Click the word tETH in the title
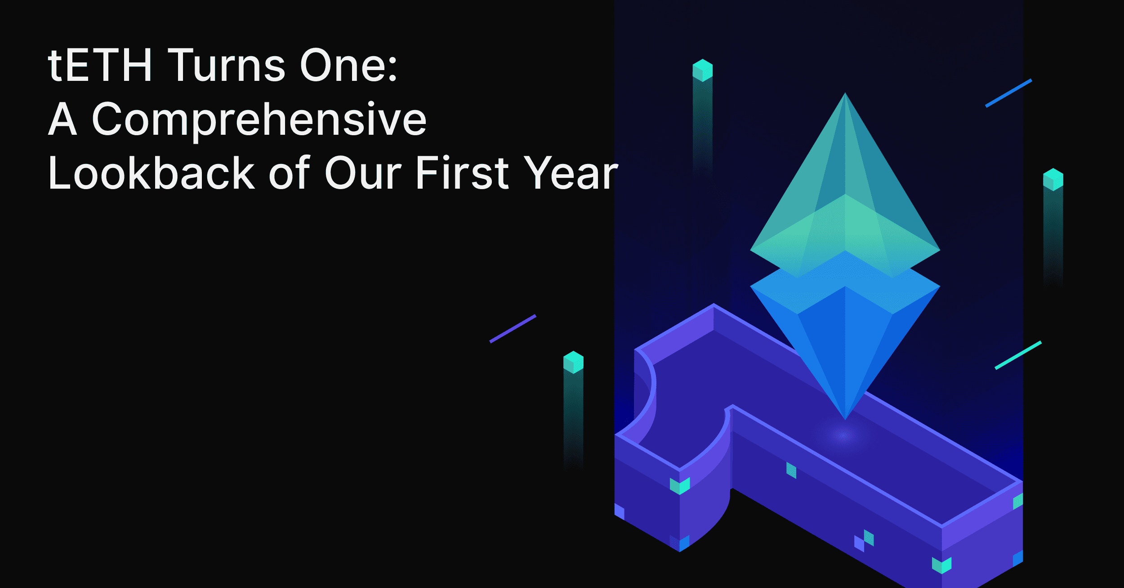click(100, 66)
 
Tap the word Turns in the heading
click(227, 66)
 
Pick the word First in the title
click(463, 173)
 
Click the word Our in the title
click(363, 173)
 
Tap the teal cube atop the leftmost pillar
click(573, 363)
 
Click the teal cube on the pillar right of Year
click(702, 71)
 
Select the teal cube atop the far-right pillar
click(1053, 180)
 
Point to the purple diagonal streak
click(513, 329)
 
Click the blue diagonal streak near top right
click(1008, 93)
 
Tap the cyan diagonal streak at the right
click(1018, 355)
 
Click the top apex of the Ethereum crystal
click(845, 93)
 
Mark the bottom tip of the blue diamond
click(845, 420)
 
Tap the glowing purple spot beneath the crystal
click(844, 435)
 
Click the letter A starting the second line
click(62, 119)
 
